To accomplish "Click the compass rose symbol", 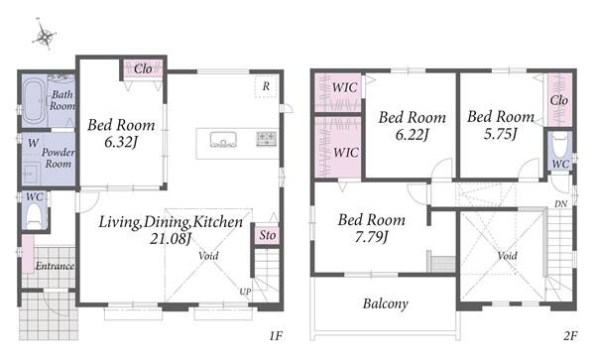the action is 45,35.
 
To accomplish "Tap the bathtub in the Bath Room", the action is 34,100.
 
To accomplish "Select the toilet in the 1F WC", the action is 34,215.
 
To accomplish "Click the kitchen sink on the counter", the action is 223,139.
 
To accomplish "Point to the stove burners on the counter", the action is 267,138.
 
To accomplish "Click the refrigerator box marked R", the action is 266,86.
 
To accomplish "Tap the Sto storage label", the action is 267,235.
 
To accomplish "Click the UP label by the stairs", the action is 245,292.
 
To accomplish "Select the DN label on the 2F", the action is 561,204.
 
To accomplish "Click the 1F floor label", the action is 276,335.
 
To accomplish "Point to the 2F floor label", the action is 570,335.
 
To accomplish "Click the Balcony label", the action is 386,303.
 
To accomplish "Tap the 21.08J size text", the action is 171,239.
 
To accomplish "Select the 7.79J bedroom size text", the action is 372,237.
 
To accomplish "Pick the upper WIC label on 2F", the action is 344,87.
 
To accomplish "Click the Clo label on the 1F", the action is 143,69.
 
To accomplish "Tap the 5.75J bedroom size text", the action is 501,134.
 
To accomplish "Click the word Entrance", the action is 55,266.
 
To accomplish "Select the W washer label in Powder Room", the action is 33,143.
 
